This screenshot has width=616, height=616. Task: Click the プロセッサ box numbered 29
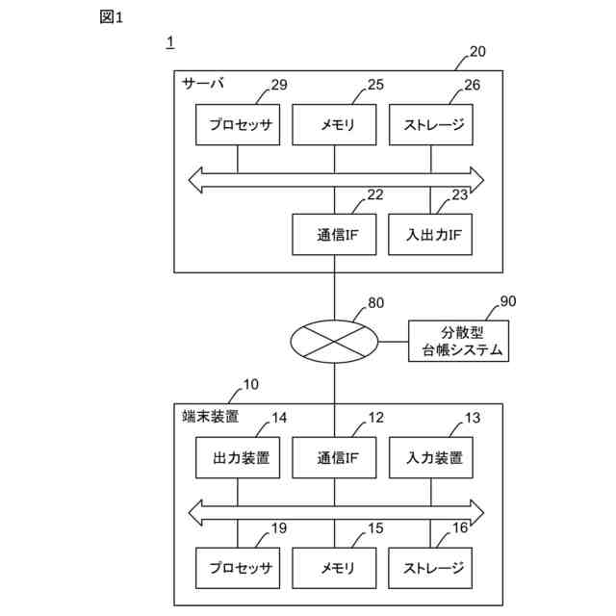point(238,124)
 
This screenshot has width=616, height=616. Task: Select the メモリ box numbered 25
point(334,124)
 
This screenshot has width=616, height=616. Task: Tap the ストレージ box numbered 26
point(431,124)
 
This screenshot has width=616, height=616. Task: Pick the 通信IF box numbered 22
point(334,235)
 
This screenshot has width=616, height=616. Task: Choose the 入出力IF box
point(430,235)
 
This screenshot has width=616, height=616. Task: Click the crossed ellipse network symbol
point(334,342)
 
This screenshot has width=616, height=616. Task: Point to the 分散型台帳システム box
point(459,341)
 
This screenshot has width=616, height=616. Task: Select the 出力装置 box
point(238,458)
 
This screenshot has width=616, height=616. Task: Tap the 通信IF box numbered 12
point(334,458)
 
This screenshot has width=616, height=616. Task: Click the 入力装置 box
point(431,458)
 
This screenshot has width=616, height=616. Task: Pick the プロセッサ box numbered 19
point(238,568)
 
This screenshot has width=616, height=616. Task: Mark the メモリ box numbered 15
point(334,568)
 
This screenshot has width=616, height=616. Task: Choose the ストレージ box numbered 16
point(430,568)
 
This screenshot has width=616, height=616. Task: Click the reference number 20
point(477,51)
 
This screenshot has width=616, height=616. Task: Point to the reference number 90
point(508,301)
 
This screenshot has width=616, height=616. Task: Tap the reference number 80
point(376,303)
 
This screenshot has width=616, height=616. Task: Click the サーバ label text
point(203,84)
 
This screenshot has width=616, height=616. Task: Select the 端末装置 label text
point(211,417)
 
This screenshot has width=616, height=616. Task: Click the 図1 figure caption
point(112,17)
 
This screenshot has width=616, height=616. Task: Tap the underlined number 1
point(170,42)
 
